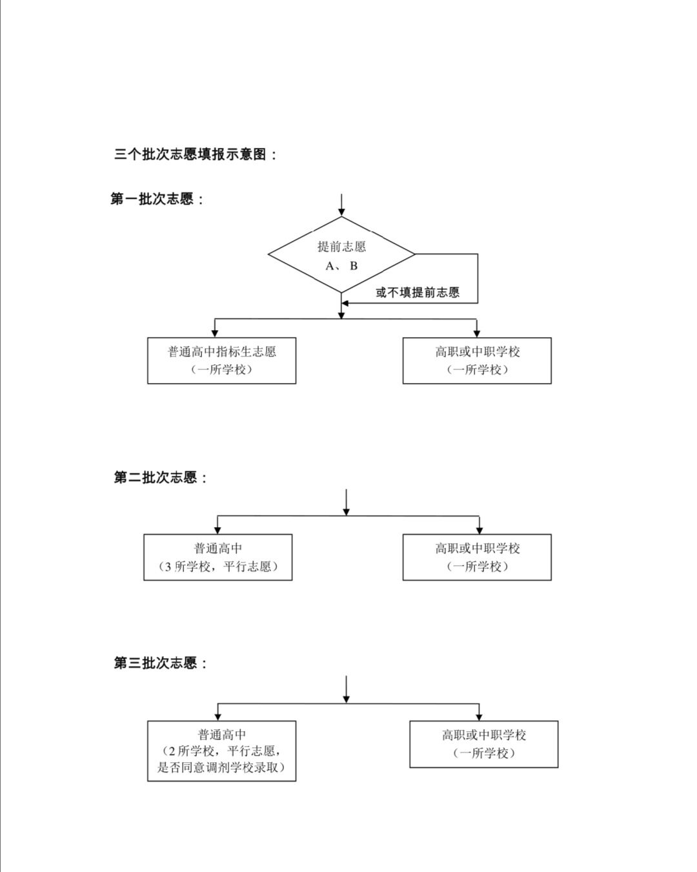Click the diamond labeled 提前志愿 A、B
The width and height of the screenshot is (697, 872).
(341, 254)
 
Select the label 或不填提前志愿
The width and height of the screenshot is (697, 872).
(418, 292)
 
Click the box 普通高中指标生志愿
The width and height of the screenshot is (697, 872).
(221, 360)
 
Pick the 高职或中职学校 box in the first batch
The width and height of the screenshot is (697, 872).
(477, 360)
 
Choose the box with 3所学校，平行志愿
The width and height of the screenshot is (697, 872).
(218, 557)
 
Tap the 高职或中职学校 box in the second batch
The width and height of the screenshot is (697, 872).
(477, 557)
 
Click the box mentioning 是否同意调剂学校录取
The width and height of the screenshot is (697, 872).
(221, 751)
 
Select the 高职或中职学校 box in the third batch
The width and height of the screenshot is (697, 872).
(484, 744)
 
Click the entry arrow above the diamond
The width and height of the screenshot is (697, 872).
(341, 205)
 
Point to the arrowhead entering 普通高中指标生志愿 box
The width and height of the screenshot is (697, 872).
(215, 333)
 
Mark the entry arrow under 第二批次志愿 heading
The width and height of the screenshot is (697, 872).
(346, 503)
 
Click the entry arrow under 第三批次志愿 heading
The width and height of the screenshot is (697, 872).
(346, 689)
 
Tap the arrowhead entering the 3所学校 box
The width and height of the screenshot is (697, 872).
(217, 529)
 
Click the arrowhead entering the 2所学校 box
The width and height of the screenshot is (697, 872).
(217, 716)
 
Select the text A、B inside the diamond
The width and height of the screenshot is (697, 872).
(341, 266)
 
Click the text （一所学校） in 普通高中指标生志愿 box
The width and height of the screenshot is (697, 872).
(221, 369)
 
